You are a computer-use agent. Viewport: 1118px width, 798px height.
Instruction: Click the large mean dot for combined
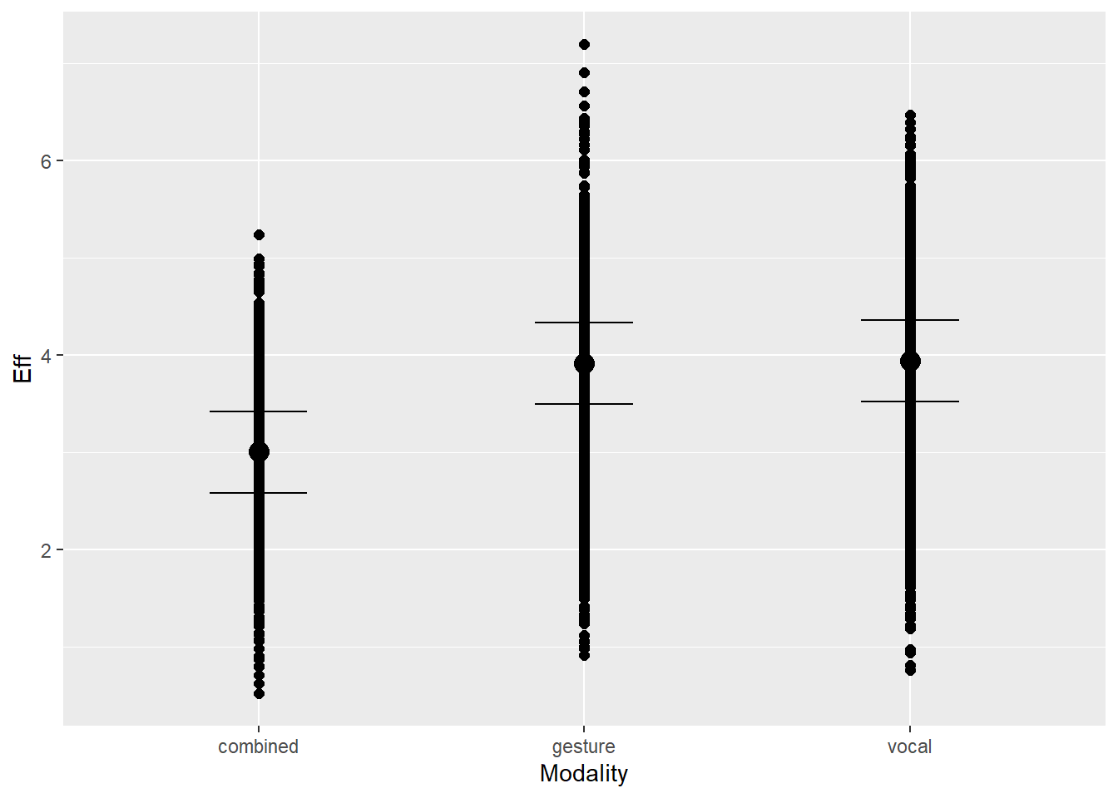[x=259, y=451]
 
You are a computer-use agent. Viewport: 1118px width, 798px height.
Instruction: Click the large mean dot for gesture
[x=584, y=363]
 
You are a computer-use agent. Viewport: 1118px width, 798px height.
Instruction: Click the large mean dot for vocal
[x=910, y=361]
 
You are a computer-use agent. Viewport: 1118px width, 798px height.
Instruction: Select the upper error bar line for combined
[x=283, y=411]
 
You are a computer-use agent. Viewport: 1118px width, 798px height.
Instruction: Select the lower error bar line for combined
[x=283, y=493]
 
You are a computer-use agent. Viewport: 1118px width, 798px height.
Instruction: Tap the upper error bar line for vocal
[x=935, y=320]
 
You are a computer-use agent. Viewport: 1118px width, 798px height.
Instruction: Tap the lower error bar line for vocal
[x=935, y=401]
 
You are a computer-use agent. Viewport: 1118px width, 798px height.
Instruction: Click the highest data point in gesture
[x=584, y=45]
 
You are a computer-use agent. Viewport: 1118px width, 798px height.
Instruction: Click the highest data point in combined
[x=259, y=235]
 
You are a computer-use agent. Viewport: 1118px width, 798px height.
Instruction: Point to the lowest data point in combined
[x=259, y=693]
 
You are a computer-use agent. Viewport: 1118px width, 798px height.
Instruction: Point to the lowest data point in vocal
[x=910, y=670]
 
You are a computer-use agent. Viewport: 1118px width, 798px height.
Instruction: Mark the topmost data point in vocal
[x=910, y=116]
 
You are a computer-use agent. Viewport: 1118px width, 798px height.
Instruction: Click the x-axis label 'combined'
[x=258, y=746]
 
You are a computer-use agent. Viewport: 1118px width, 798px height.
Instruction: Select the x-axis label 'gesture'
[x=584, y=746]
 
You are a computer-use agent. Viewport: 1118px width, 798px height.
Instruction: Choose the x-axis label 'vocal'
[x=909, y=746]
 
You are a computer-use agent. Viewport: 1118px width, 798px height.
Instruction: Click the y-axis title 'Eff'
[x=23, y=368]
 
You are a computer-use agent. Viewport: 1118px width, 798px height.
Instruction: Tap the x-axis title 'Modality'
[x=584, y=773]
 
